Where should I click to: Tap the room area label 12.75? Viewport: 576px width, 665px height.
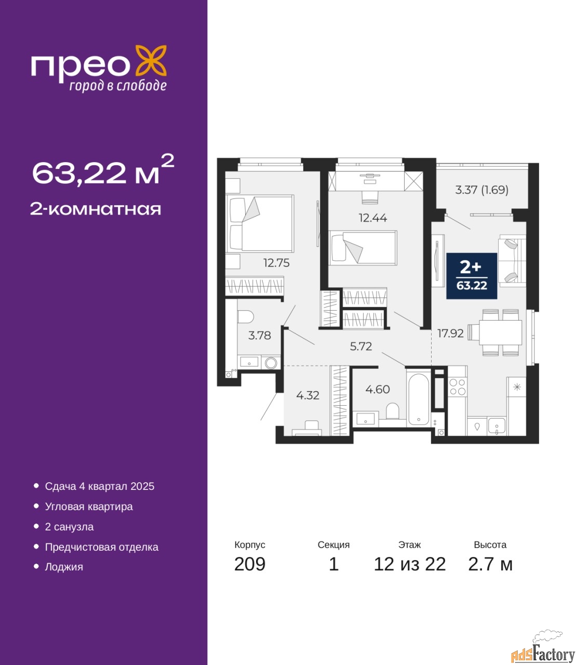[277, 263]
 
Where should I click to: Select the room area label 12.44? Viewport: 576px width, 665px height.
[373, 218]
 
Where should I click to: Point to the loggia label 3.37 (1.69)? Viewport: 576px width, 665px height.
[481, 190]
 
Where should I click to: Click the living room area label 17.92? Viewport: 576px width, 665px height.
[450, 334]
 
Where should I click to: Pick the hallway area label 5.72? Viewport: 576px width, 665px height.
[361, 346]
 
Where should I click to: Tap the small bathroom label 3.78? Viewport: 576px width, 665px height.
[260, 336]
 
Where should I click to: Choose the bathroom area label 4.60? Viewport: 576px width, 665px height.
[378, 389]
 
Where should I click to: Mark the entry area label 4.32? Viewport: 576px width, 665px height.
[308, 395]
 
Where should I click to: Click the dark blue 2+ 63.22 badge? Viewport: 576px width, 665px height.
[472, 276]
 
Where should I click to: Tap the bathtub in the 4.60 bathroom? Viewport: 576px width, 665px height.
[419, 400]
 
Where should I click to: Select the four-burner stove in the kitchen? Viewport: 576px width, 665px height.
[458, 387]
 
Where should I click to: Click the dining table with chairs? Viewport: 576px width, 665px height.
[495, 332]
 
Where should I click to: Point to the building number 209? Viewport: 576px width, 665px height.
[250, 564]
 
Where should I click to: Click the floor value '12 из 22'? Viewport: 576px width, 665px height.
[410, 564]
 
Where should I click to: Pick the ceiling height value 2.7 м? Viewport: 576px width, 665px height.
[490, 564]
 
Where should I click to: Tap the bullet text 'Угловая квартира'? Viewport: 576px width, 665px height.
[89, 507]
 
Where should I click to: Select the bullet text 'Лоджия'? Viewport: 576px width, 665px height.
[64, 567]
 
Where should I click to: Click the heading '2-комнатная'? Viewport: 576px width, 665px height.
[96, 209]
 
